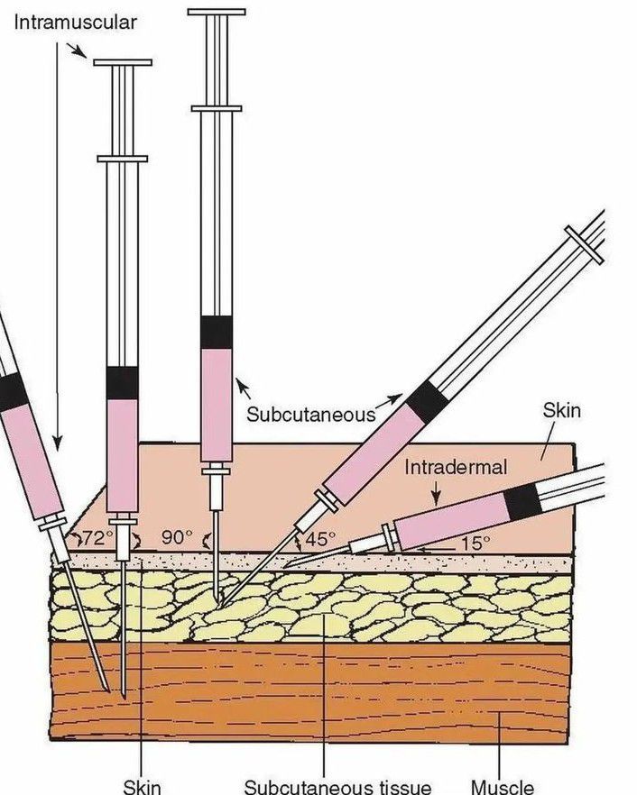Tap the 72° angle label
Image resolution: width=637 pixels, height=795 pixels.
97,538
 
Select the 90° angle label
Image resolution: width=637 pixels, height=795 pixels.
177,537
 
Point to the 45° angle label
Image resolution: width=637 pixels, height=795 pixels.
319,539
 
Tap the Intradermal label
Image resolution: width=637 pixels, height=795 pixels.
456,468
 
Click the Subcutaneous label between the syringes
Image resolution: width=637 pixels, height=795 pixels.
309,414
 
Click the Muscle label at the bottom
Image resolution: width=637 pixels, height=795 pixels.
503,785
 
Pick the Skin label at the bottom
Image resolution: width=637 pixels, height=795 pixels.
142,785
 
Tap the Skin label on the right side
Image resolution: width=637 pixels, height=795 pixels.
561,412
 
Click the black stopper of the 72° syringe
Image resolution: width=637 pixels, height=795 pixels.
13,391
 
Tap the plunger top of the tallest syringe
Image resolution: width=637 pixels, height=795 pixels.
217,13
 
